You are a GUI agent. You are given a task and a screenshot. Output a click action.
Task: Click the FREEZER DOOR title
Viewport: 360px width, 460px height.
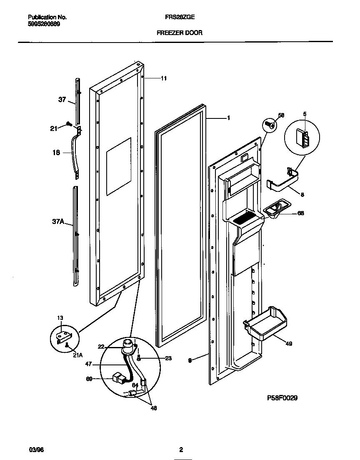[179, 33]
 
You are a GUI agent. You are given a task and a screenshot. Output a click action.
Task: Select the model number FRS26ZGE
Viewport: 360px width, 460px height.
[179, 18]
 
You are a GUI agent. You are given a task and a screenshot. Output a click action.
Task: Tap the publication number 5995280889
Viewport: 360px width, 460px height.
[44, 24]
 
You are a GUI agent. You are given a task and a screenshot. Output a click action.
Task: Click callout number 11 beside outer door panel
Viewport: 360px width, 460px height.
[164, 78]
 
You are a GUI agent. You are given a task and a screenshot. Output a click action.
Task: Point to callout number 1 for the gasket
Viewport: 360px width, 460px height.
[228, 118]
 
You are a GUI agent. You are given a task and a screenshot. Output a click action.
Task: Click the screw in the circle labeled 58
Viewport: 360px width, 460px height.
[270, 125]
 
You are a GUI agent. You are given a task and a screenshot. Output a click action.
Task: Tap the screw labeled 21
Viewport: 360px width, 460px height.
[69, 124]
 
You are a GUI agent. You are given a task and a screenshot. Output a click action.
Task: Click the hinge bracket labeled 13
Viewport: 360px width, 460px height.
[64, 335]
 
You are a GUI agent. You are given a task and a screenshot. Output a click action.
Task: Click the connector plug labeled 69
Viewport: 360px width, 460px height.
[119, 379]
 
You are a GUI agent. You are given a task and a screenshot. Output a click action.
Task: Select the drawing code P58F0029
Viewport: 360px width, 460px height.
[282, 398]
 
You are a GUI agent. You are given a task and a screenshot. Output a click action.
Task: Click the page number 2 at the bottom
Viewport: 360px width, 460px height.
[181, 450]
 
